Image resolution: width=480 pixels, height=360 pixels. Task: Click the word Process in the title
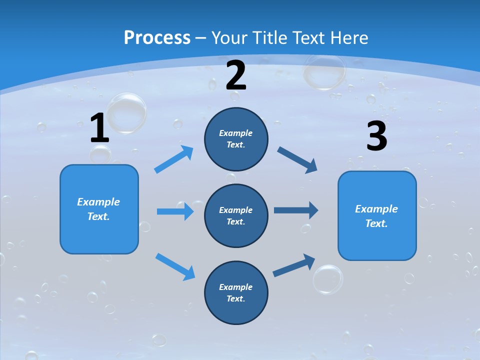point(157,37)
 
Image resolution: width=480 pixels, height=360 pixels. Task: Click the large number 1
point(99,128)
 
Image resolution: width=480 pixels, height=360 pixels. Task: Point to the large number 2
point(236,75)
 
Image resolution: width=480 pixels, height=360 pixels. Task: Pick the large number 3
point(376,136)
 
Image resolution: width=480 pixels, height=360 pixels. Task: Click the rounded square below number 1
point(99,209)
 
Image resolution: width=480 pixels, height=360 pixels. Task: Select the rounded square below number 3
point(377,215)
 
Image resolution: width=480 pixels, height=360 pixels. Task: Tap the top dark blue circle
point(236,138)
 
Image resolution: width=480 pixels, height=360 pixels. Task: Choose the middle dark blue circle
point(236,215)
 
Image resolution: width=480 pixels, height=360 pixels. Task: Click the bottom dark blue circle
point(236,292)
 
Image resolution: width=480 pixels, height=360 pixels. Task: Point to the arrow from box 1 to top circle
point(174,159)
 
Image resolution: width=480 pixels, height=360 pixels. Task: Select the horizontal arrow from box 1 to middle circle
point(175,211)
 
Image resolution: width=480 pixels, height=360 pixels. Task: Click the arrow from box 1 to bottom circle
point(175,266)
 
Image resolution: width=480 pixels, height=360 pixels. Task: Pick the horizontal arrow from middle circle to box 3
point(296,210)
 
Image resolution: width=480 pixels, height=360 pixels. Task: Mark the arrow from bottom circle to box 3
point(294,265)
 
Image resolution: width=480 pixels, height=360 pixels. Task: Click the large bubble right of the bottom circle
point(328,279)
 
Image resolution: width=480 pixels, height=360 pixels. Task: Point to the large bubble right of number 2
point(324,71)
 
